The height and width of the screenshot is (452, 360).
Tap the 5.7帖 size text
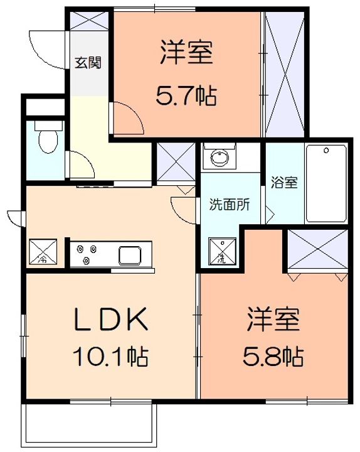click(x=186, y=96)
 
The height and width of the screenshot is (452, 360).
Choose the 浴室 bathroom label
click(x=283, y=183)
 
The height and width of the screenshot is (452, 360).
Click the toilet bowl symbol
click(x=46, y=141)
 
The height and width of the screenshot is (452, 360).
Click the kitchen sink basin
click(x=131, y=256)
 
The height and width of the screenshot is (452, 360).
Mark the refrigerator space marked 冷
click(x=43, y=253)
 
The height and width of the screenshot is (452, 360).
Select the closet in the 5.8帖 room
click(x=317, y=249)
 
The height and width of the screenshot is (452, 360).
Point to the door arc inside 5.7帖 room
click(x=127, y=119)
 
